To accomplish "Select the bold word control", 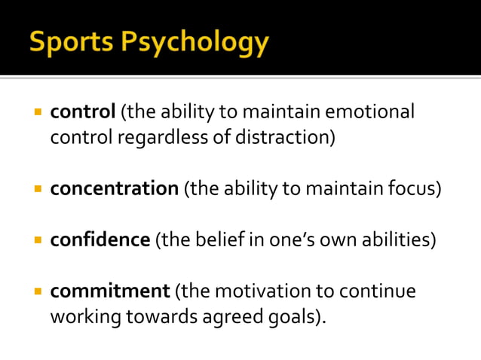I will (82, 112).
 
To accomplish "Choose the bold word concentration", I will (114, 189).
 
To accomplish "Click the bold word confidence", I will (100, 240).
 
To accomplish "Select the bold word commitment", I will (110, 290).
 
